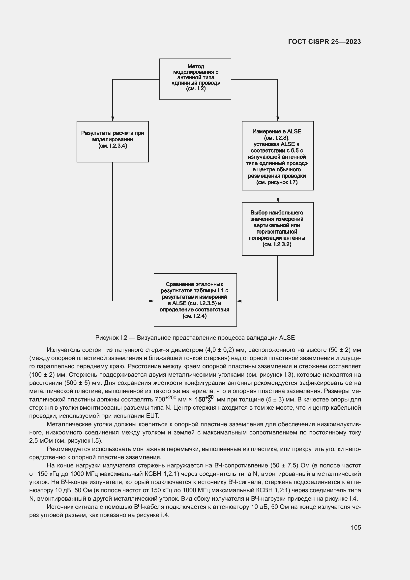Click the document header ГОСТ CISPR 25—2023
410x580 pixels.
(324, 42)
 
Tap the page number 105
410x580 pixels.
(356, 527)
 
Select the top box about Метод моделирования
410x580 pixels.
(195, 79)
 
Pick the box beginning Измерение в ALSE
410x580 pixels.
(277, 156)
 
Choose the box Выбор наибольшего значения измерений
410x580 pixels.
(277, 229)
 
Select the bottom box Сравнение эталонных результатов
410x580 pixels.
(195, 300)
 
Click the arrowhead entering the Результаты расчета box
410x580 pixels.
(113, 119)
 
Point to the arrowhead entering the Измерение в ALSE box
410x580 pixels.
(278, 119)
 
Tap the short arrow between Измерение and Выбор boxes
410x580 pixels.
(278, 197)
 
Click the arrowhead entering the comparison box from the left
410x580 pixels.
(151, 301)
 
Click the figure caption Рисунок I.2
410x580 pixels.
(195, 338)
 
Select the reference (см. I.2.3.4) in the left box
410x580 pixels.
(113, 146)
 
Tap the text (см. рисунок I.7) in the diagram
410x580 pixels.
(277, 183)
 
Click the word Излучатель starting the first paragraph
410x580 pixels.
(62, 350)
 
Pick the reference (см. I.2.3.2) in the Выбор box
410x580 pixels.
(277, 244)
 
